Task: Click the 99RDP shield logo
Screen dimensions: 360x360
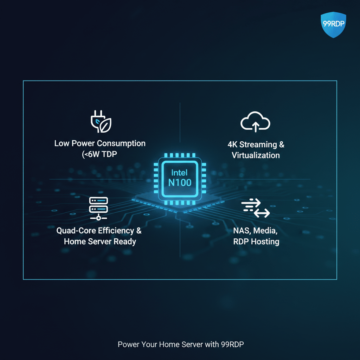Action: coord(334,25)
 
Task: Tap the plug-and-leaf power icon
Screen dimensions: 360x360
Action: coord(101,122)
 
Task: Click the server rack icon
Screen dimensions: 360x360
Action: coord(99,208)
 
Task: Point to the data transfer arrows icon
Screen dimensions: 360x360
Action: coord(256,208)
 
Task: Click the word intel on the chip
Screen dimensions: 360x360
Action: coord(179,173)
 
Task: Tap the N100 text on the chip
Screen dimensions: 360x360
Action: coord(179,182)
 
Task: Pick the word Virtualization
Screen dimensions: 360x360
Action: coord(256,155)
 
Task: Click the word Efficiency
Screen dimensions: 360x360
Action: coord(117,231)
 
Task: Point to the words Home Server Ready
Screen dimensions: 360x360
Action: coord(100,242)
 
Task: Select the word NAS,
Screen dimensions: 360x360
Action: coord(242,231)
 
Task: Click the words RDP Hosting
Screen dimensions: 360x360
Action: coord(256,242)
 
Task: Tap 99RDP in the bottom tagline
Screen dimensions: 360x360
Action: coord(232,344)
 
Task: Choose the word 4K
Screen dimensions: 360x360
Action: coord(233,144)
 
